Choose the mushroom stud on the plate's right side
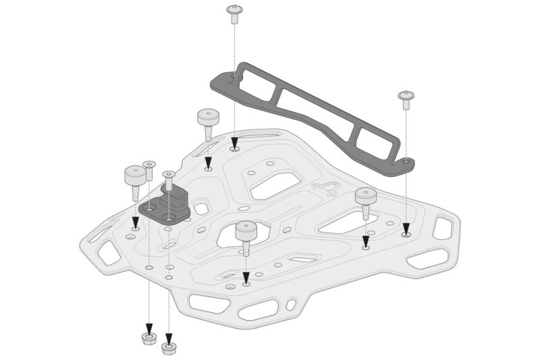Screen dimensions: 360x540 [x=365, y=199]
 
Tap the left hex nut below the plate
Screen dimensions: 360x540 [x=149, y=337]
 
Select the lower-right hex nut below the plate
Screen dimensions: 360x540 [x=169, y=348]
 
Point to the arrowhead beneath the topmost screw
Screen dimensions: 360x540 [x=234, y=143]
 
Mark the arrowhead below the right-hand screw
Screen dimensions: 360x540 [x=406, y=228]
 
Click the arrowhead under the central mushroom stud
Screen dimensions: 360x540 [x=246, y=278]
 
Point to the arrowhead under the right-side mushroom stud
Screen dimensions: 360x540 [x=365, y=241]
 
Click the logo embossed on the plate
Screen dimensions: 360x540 [x=325, y=188]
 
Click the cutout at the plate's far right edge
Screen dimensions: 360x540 [x=442, y=228]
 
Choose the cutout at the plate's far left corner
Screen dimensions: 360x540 [x=108, y=253]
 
